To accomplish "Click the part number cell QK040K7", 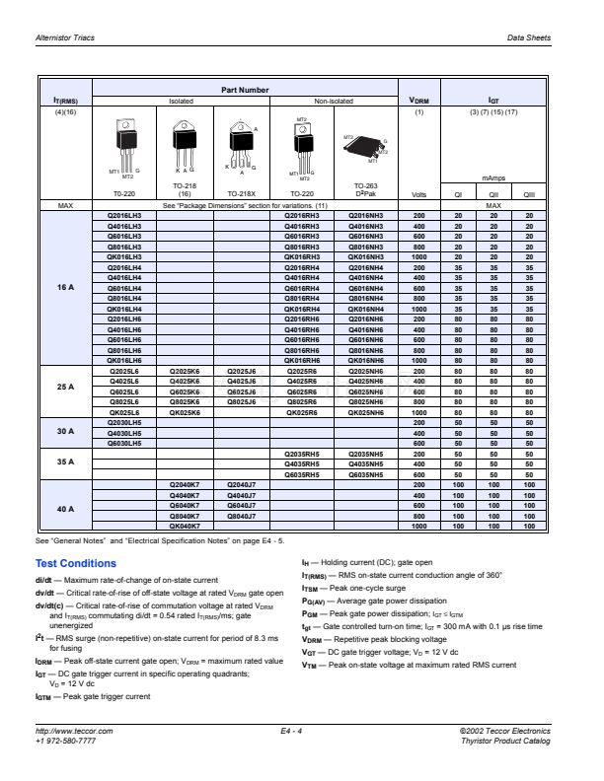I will pyautogui.click(x=187, y=526).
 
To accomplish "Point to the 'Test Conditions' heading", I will pyautogui.click(x=75, y=563).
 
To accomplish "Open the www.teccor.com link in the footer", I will pyautogui.click(x=66, y=756).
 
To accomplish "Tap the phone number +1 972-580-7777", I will pyautogui.click(x=66, y=767).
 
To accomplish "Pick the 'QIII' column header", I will pyautogui.click(x=529, y=194).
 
